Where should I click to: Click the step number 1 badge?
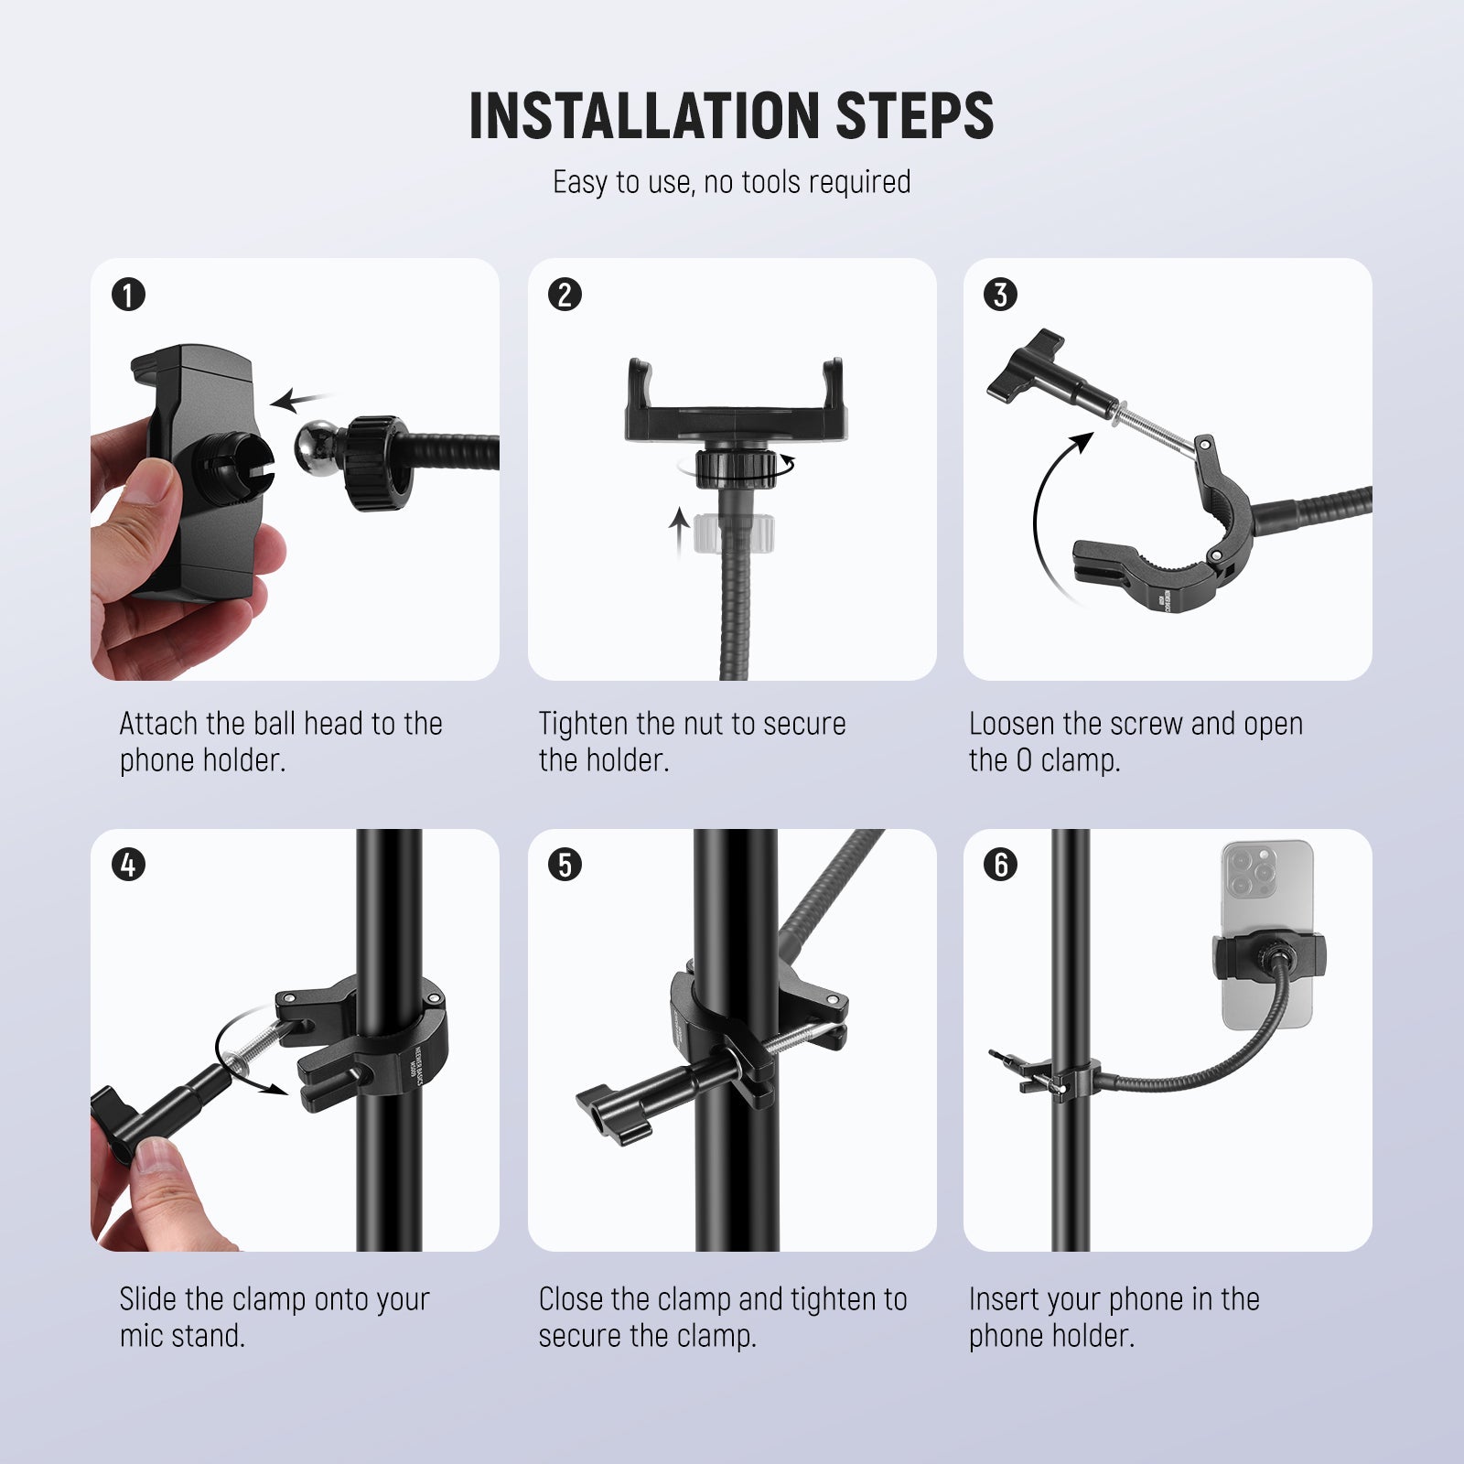tap(128, 295)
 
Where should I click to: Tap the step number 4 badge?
tap(128, 865)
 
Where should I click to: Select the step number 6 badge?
tap(1000, 865)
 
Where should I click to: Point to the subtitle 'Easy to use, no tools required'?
tap(731, 182)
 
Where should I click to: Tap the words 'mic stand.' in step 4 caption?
tap(182, 1336)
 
